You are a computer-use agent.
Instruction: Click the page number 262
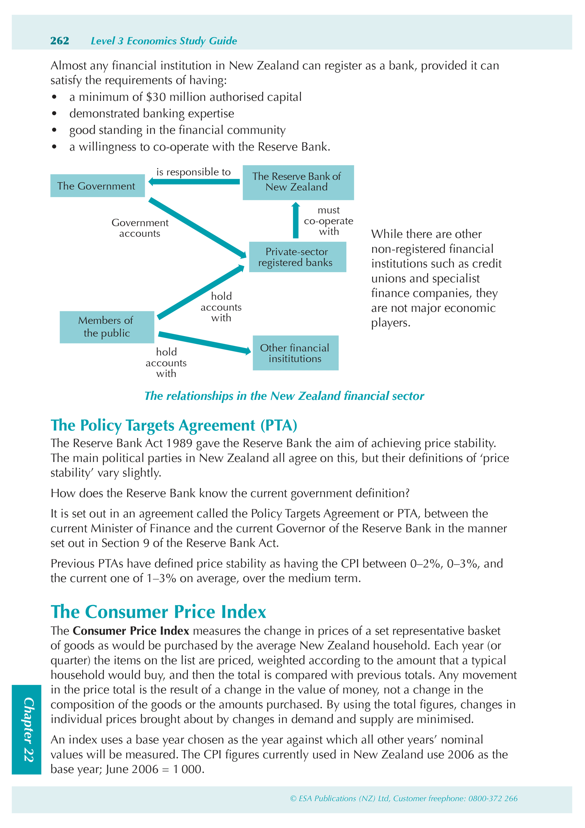[x=60, y=41]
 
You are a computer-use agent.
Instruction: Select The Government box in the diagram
[x=97, y=186]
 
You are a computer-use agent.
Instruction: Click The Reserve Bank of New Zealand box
[x=298, y=182]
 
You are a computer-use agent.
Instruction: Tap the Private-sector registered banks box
[x=297, y=257]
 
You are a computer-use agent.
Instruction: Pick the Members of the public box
[x=107, y=327]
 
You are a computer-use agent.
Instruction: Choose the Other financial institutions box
[x=296, y=353]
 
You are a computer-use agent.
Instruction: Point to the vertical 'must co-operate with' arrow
[x=296, y=221]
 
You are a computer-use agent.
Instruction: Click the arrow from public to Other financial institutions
[x=204, y=342]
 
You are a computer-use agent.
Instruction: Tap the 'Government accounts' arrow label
[x=140, y=228]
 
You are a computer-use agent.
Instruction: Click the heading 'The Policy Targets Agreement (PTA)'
[x=174, y=425]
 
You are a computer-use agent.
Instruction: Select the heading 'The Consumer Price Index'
[x=158, y=612]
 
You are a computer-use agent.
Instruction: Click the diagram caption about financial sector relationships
[x=284, y=396]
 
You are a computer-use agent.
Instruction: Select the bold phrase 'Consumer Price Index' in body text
[x=131, y=631]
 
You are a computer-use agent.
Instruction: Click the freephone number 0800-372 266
[x=493, y=799]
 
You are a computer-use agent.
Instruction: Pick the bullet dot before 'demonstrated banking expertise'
[x=54, y=114]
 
